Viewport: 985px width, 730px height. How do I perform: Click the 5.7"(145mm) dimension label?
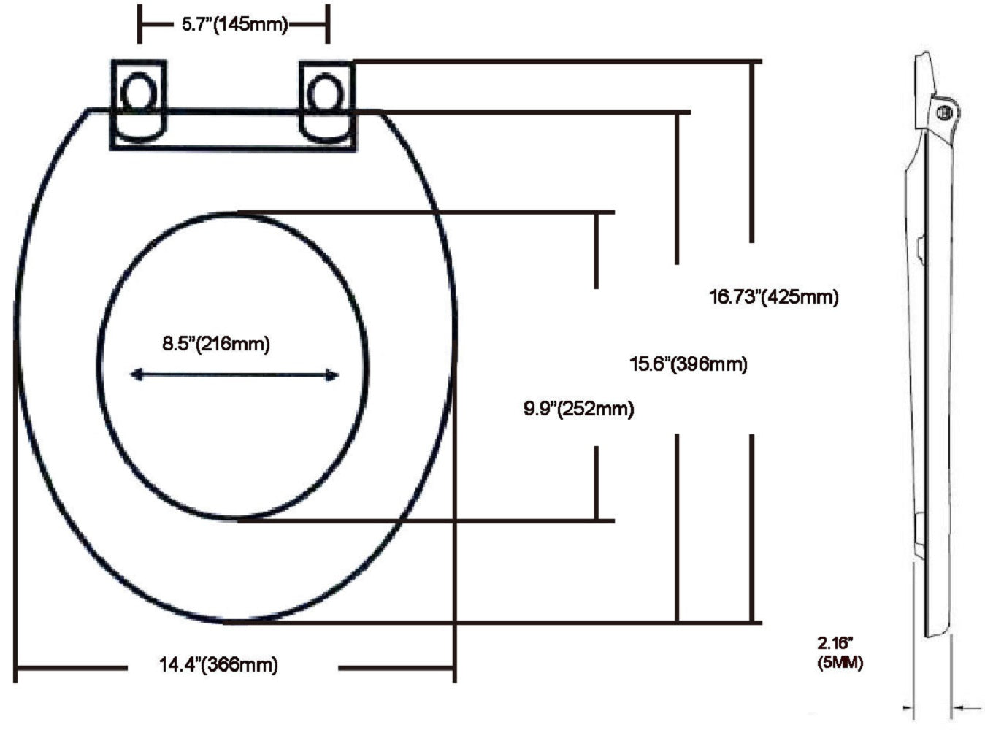pos(234,24)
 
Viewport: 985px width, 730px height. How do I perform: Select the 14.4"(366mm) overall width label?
pos(219,664)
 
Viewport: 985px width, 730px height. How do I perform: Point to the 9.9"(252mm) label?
pos(578,409)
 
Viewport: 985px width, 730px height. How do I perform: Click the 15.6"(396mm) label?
pos(689,364)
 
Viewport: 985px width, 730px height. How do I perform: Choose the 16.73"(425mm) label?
pos(774,297)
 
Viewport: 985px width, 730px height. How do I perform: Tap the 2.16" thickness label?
pos(835,643)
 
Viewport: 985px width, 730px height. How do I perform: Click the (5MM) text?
pos(840,663)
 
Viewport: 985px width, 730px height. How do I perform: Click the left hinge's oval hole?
pos(137,93)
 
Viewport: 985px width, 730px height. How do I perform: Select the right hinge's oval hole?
pos(324,93)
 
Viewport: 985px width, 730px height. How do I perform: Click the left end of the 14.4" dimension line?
pos(16,666)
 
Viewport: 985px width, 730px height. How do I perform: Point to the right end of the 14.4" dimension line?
pos(454,666)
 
